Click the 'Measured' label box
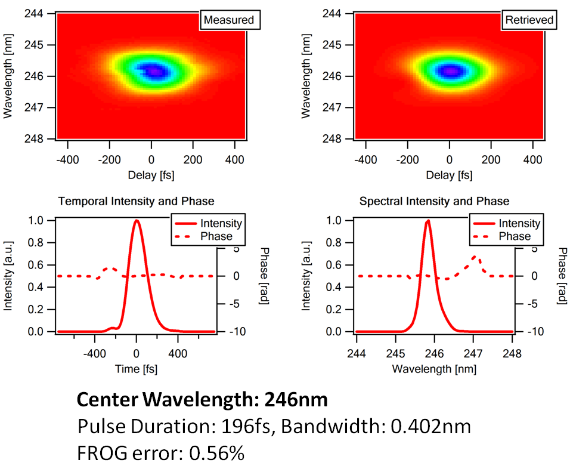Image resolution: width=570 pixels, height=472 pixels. (x=229, y=20)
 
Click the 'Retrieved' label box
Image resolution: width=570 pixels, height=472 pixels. (x=529, y=20)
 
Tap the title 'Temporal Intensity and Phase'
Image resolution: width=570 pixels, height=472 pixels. (x=136, y=202)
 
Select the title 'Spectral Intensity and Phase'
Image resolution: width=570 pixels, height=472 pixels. (x=435, y=202)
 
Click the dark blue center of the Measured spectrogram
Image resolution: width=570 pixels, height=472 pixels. (x=154, y=72)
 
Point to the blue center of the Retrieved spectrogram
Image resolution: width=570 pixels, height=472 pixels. (x=451, y=71)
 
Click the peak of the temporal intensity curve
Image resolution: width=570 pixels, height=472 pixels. (x=137, y=221)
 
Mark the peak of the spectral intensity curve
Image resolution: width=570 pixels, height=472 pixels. (x=427, y=221)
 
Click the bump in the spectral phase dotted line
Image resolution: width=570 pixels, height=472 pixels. (x=475, y=257)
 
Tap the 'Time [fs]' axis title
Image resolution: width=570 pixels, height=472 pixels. (x=136, y=369)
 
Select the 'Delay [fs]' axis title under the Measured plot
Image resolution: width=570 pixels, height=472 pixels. (x=151, y=175)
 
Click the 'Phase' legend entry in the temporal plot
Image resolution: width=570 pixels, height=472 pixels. (x=216, y=236)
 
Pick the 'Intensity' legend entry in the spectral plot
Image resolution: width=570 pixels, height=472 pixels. (x=519, y=224)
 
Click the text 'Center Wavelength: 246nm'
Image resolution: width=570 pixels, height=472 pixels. (x=203, y=399)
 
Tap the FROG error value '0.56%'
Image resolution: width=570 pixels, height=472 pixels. (x=216, y=453)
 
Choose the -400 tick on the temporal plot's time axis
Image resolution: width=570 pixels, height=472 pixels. (x=95, y=353)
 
